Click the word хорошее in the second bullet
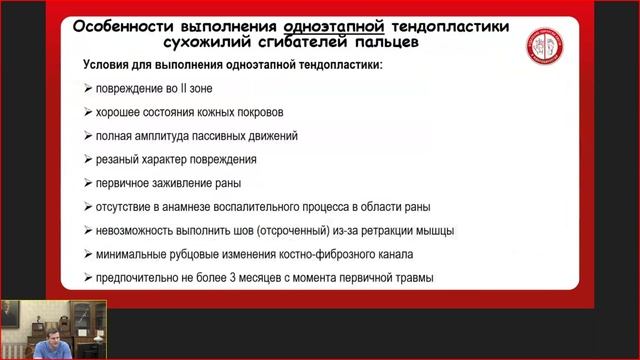[123, 111]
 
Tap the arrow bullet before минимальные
[89, 254]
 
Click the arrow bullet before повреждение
[89, 88]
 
